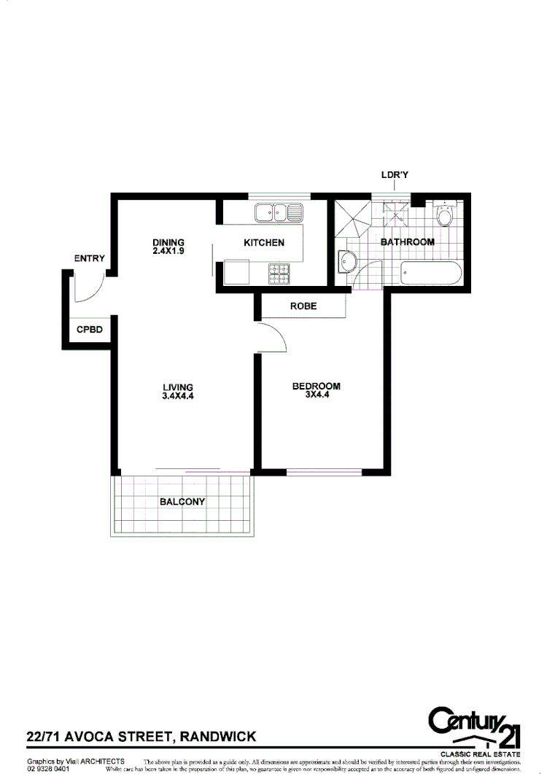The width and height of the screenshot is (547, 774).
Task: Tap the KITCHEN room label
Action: (x=264, y=243)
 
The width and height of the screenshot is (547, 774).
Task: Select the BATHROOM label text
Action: (x=408, y=241)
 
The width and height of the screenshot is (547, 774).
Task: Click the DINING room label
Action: (x=168, y=243)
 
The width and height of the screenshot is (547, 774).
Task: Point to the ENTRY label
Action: (x=89, y=259)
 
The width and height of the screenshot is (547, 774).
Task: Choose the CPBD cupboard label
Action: (x=90, y=329)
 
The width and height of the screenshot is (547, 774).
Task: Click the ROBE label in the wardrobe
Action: (x=303, y=306)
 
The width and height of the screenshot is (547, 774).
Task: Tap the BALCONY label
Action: (x=182, y=502)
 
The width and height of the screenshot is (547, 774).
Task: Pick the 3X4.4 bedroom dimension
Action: (x=316, y=395)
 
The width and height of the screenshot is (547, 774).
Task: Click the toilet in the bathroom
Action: (x=444, y=215)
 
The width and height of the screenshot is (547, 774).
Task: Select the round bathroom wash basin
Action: (x=347, y=263)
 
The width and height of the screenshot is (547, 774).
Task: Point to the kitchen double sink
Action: (x=279, y=213)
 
